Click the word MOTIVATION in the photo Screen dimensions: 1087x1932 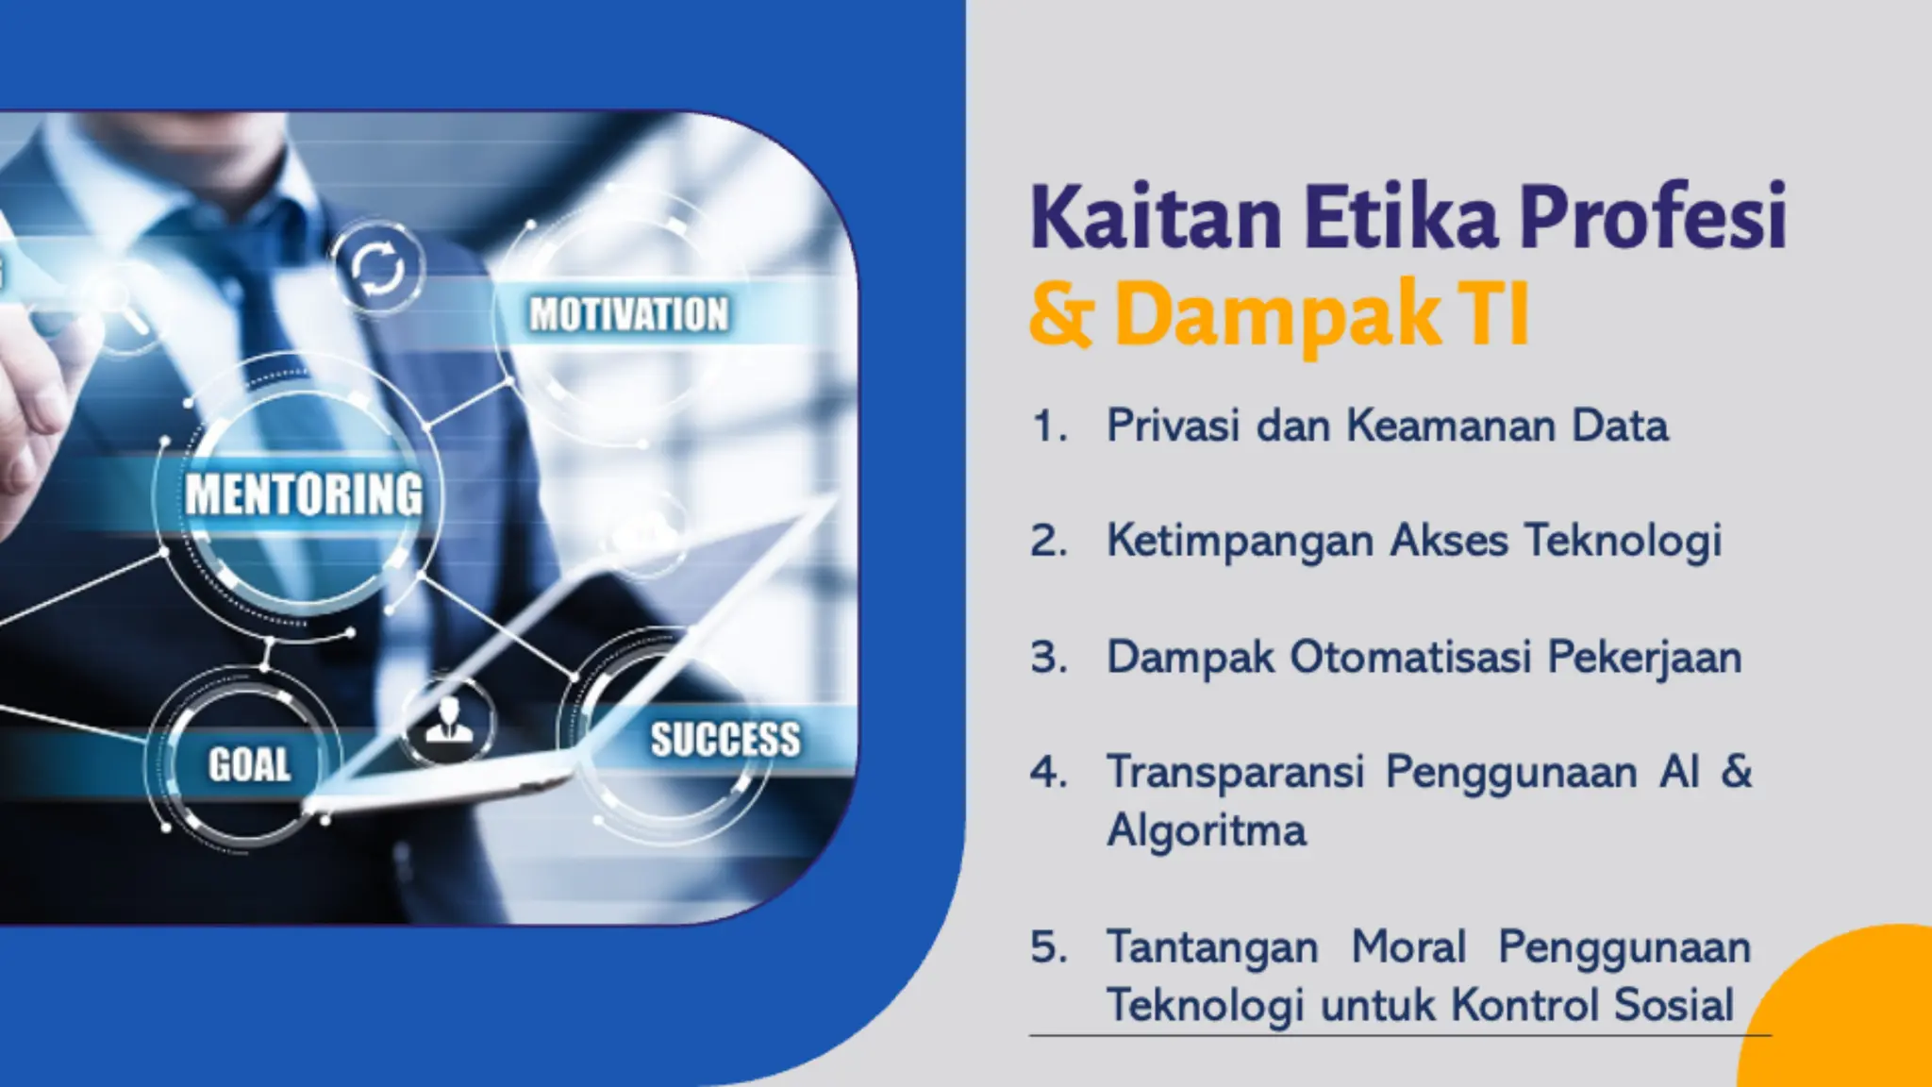point(628,314)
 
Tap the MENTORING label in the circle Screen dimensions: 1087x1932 point(304,494)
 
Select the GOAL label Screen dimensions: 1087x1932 point(249,764)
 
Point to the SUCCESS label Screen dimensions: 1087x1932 point(724,739)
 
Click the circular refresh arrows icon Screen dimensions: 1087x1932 point(378,269)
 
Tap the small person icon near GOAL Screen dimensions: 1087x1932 point(448,723)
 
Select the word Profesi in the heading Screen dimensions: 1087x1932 point(1653,219)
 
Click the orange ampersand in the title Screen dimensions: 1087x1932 point(1061,315)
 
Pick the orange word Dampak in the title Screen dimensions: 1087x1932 point(1277,315)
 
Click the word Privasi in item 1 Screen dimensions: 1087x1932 point(1173,426)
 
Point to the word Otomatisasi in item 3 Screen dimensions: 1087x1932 point(1410,657)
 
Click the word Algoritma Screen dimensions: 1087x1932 point(1207,831)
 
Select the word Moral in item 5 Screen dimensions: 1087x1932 point(1408,946)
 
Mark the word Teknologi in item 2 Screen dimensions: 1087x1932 point(1623,542)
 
